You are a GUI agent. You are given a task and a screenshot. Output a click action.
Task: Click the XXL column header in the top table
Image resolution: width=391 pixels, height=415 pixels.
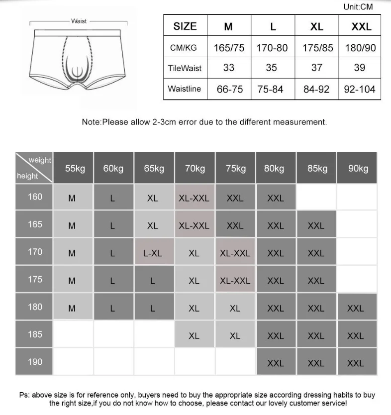point(361,27)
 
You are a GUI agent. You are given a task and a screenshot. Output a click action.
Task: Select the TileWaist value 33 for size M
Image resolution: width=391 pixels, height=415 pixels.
point(229,68)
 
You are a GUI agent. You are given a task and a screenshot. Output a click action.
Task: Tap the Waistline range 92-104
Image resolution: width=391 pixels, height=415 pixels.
point(360,90)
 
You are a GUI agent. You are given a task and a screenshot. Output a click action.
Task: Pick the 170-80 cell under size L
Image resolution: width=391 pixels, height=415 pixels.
point(272,48)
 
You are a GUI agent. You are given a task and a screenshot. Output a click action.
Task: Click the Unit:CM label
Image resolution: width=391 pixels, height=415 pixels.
point(358,7)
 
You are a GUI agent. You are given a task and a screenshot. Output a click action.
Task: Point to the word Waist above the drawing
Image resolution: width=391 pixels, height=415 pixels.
point(79,21)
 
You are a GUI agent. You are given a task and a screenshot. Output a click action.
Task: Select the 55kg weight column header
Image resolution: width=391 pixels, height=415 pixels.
point(75,169)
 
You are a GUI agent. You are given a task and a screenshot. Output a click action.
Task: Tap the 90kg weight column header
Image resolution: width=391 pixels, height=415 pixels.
point(358,169)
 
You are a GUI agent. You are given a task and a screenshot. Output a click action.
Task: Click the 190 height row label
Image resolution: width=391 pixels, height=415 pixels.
point(35,362)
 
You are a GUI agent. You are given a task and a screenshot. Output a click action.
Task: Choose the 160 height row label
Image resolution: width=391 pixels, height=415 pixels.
point(35,197)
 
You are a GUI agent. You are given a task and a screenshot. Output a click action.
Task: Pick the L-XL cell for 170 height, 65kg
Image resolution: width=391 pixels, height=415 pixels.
point(153,253)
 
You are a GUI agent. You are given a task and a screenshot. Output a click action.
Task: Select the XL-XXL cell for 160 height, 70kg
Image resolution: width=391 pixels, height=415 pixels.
point(194,198)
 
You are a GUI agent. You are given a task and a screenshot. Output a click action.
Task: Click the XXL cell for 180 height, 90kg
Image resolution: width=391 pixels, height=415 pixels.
point(356,309)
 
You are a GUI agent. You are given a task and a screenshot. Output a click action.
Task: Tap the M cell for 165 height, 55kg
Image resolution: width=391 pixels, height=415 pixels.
point(72,226)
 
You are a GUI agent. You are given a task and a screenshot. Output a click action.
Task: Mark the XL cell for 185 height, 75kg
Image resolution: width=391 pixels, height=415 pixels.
point(235,336)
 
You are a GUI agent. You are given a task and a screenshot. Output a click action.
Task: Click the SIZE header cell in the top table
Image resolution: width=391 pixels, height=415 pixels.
point(185,26)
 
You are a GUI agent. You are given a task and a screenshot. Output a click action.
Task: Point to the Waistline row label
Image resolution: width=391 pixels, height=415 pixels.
point(185,89)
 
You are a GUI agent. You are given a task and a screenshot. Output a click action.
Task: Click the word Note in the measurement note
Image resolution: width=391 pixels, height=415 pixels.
point(91,122)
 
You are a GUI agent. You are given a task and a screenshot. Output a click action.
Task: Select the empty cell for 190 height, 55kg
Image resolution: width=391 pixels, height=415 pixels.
point(73,362)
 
